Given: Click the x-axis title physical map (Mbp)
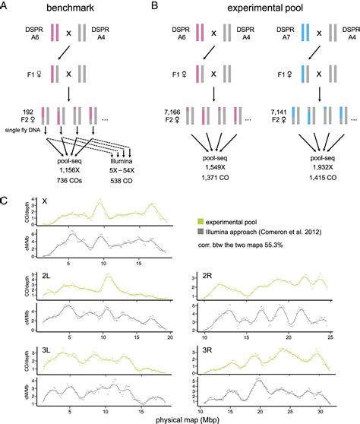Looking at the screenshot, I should [x=179, y=417].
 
